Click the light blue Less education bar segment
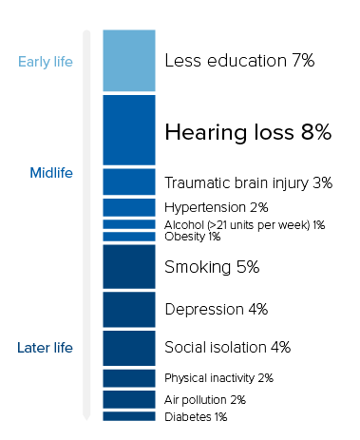[128, 61]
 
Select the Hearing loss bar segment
[128, 130]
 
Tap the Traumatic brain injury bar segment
[128, 182]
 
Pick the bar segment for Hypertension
[128, 207]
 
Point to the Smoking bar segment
[128, 267]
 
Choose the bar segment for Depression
[128, 310]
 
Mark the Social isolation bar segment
[128, 348]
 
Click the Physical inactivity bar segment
[128, 378]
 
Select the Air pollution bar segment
[128, 399]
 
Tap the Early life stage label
[46, 64]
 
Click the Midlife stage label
[51, 173]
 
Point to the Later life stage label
[46, 347]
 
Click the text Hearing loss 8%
[248, 133]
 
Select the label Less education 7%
[239, 61]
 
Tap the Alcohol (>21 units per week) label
[245, 225]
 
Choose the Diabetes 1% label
[196, 416]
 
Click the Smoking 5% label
[212, 267]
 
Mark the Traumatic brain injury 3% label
[248, 182]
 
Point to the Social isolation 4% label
[227, 347]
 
